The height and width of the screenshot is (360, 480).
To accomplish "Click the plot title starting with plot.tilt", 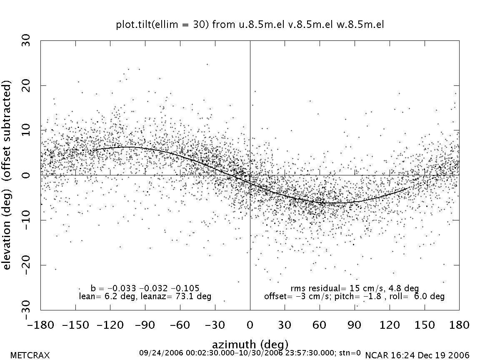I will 250,25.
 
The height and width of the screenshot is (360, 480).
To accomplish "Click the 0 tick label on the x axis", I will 250,325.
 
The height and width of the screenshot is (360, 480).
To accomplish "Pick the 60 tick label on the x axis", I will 320,325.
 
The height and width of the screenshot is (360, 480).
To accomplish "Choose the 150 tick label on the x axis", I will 424,325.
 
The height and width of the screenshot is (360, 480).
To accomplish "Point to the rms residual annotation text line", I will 354,288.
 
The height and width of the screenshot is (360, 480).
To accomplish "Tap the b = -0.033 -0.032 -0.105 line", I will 145,288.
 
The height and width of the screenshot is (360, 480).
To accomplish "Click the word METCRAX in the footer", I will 30,355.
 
